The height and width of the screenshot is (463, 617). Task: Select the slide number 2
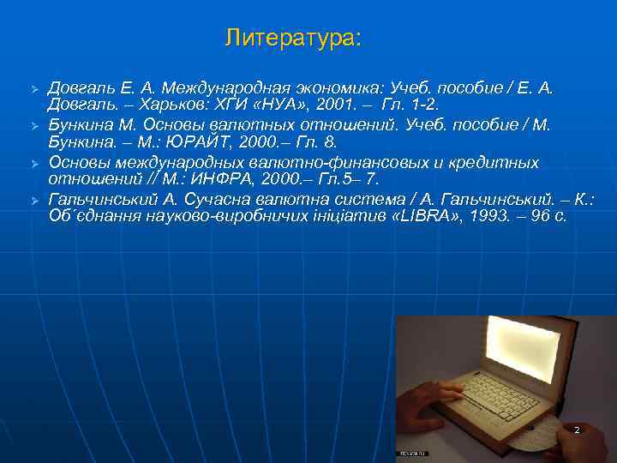(x=577, y=430)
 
